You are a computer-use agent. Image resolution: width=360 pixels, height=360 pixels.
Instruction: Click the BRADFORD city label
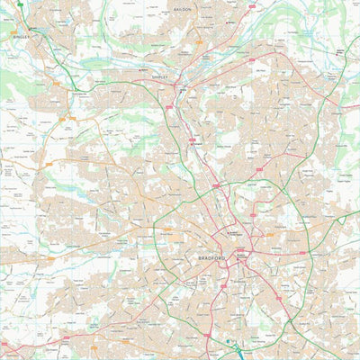[211, 257]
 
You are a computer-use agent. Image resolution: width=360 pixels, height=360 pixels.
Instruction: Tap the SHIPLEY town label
[160, 78]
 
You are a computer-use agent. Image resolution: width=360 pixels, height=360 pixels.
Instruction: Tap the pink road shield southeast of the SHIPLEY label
[168, 107]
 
